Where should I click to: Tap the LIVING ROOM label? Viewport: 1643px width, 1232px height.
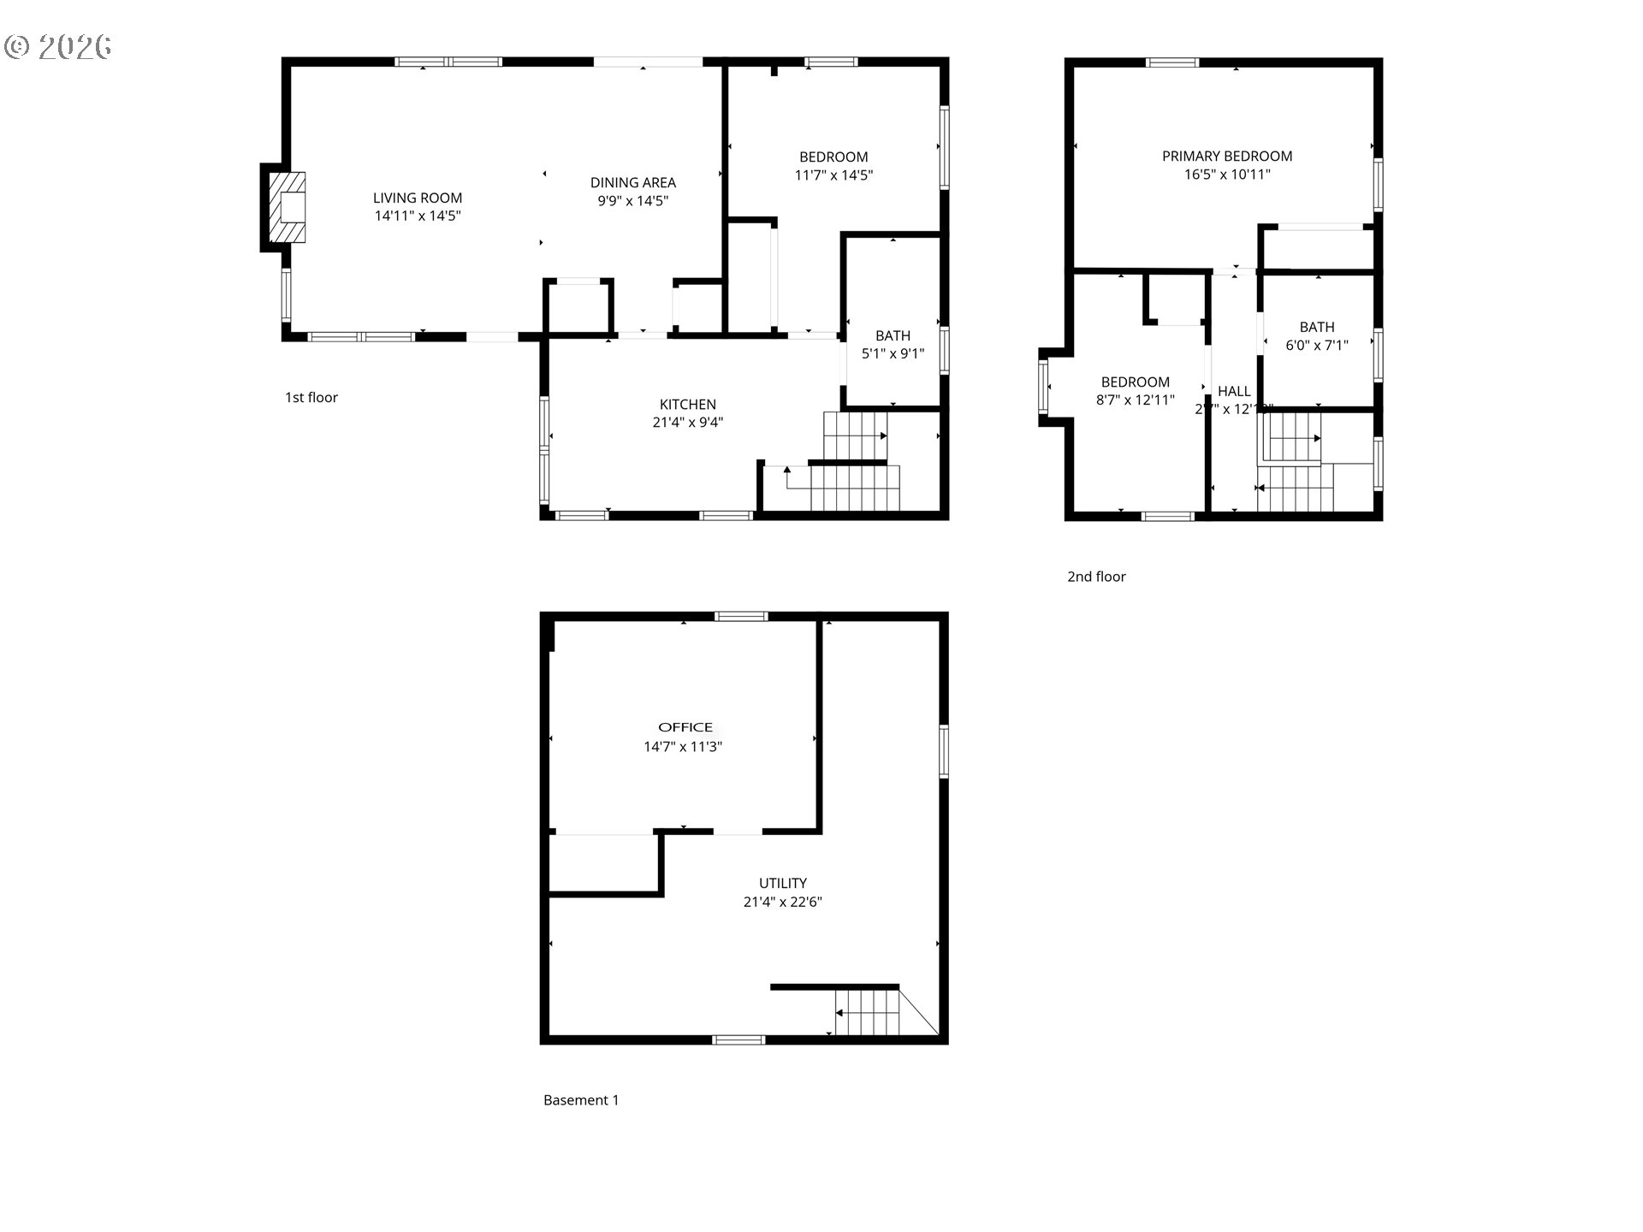coord(418,198)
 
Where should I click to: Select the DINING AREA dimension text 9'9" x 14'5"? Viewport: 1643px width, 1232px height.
coord(632,201)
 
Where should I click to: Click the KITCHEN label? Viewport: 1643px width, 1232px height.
coord(687,404)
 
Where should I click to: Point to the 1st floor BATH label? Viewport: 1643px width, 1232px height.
coord(893,335)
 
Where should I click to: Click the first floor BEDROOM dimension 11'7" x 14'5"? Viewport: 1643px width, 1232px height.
coord(833,175)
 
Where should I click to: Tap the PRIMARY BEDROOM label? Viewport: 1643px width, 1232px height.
coord(1226,156)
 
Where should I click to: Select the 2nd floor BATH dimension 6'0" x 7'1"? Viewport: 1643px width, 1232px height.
coord(1316,345)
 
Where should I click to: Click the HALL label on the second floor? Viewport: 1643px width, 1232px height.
coord(1234,391)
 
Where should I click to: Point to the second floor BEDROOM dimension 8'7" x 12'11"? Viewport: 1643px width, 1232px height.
coord(1135,400)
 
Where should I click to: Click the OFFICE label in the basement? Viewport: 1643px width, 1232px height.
coord(685,727)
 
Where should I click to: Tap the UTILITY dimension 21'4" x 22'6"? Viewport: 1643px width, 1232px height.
coord(782,901)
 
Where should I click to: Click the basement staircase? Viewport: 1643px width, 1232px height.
coord(868,1012)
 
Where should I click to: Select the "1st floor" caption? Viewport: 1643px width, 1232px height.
coord(311,397)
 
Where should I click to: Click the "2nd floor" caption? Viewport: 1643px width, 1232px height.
coord(1096,577)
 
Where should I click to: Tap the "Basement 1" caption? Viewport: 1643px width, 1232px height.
coord(581,1100)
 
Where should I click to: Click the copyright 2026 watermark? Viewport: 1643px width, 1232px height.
coord(58,46)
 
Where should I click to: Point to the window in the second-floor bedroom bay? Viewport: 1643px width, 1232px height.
coord(1043,387)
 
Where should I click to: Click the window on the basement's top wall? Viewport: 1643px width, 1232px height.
coord(741,616)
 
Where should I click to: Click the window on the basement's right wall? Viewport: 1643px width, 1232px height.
coord(944,751)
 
